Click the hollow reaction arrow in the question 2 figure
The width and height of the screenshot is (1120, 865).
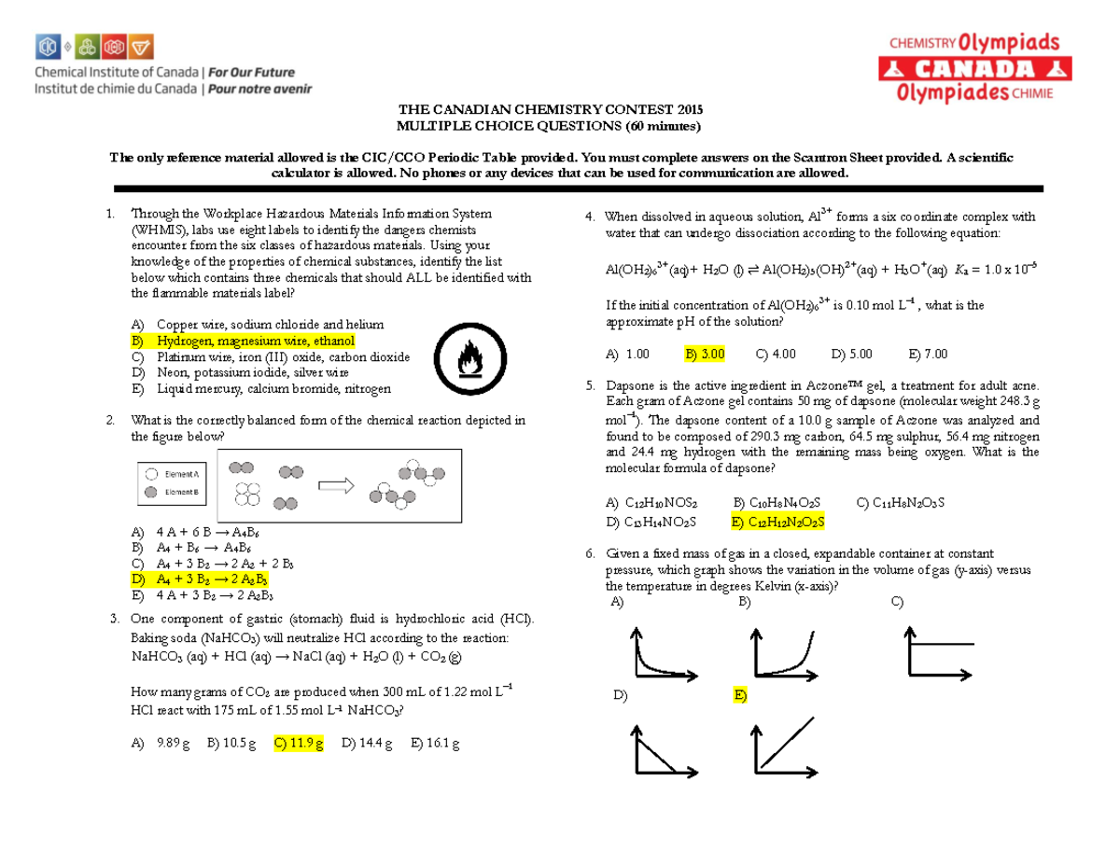(338, 485)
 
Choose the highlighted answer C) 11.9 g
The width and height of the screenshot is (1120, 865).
(299, 744)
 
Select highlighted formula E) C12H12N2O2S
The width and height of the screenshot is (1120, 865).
(778, 522)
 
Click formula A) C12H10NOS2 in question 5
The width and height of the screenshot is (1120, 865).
(651, 503)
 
